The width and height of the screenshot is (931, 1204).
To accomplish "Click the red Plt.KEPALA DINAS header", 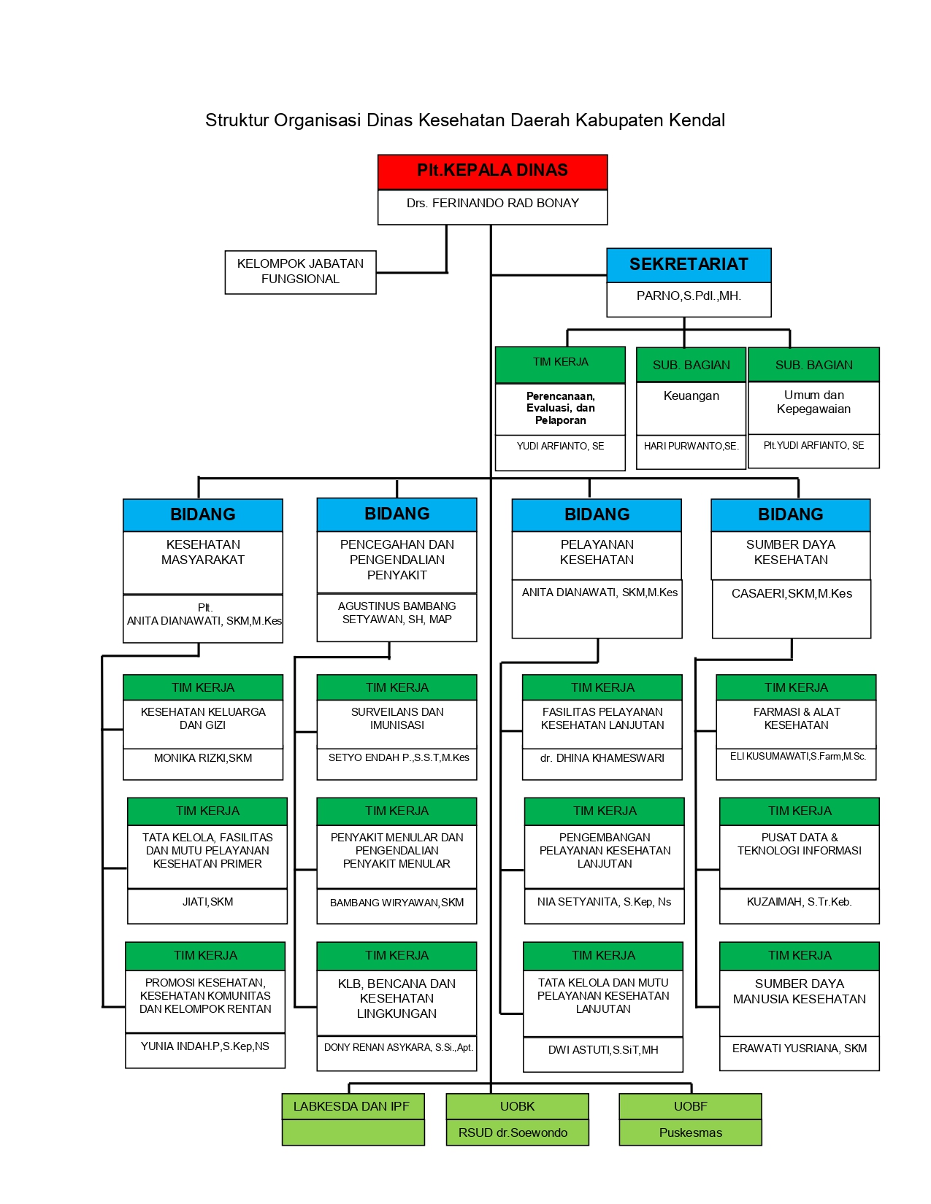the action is (492, 171).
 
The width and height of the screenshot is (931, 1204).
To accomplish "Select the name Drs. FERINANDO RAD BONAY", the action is (492, 204).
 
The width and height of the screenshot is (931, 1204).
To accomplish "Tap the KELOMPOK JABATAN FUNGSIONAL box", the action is (300, 271).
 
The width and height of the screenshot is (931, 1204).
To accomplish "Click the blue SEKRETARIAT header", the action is (689, 265).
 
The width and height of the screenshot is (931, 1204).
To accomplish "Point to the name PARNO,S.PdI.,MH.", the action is (689, 296).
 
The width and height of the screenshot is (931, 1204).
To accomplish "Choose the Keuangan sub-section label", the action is (691, 395).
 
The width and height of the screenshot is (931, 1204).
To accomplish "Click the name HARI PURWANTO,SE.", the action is (691, 446).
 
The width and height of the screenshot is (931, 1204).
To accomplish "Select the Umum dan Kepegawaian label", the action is (813, 402).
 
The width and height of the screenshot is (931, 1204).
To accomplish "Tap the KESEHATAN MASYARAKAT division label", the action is (203, 552).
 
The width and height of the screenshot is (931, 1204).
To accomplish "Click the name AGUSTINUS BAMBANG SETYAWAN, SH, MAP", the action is (396, 612).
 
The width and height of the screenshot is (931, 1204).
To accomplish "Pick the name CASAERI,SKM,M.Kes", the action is (792, 593).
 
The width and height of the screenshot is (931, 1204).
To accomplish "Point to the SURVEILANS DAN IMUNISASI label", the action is (397, 718).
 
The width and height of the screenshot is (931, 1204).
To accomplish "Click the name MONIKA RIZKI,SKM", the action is (203, 757).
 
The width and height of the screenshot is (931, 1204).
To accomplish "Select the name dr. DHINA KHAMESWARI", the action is (602, 757).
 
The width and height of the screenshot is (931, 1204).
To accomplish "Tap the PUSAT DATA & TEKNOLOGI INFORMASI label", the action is (799, 844).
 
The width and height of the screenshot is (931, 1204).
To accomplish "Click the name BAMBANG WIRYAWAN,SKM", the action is (396, 903).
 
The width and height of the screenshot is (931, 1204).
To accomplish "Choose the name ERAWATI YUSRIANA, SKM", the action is (799, 1049).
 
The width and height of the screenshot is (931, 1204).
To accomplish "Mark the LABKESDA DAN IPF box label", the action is (351, 1106).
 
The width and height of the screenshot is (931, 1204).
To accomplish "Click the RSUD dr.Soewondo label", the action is (513, 1132).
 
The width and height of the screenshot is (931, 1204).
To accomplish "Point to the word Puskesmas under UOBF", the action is (690, 1132).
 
